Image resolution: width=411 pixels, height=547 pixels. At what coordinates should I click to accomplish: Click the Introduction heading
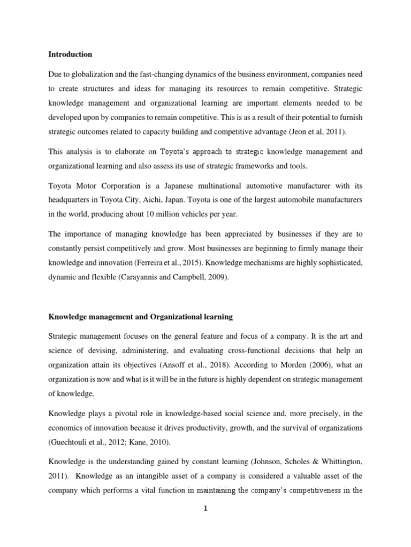pos(70,54)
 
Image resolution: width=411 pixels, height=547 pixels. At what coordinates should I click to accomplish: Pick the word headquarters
pos(69,200)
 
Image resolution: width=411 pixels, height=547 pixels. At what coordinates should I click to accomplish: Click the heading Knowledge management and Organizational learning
pos(141,317)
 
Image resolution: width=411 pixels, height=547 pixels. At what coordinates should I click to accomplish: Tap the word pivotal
pos(119,413)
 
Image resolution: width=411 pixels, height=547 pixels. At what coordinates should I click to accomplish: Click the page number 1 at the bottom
pos(205,509)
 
